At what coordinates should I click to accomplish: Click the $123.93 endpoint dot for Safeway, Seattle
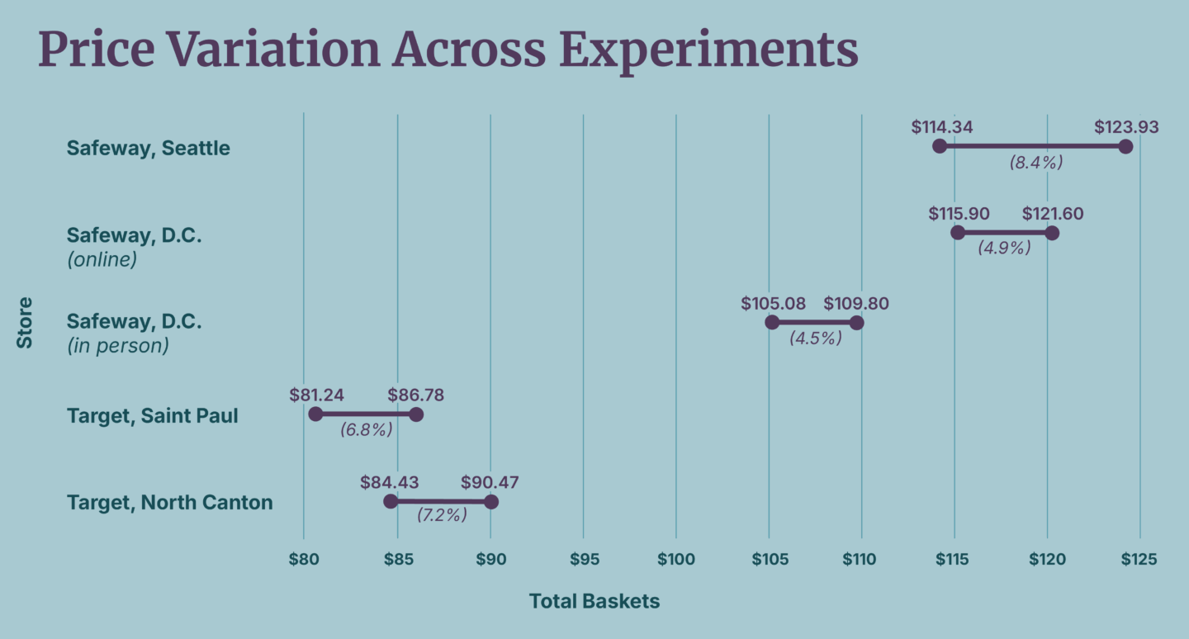click(x=1125, y=146)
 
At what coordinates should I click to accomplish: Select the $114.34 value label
click(x=942, y=127)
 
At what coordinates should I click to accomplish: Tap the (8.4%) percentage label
click(x=1035, y=163)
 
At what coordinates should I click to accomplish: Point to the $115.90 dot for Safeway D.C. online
click(x=958, y=233)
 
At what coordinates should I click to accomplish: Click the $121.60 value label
click(x=1053, y=214)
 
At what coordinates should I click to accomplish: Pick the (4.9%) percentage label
click(x=1004, y=248)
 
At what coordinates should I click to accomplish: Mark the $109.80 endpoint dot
click(x=856, y=322)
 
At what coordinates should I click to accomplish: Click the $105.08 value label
click(x=773, y=303)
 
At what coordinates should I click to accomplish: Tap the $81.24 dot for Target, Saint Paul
click(x=315, y=414)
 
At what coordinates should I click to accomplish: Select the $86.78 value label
click(x=416, y=395)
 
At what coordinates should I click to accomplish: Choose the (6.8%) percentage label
click(x=366, y=429)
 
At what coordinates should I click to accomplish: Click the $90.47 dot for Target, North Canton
click(x=491, y=502)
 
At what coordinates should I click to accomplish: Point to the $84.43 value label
click(x=389, y=482)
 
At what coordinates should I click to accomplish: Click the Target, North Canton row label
click(x=169, y=502)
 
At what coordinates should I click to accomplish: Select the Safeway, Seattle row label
click(x=149, y=149)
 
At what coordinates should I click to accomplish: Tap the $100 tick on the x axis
click(x=675, y=559)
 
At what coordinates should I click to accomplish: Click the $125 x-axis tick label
click(x=1139, y=559)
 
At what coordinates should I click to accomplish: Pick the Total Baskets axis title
click(x=594, y=601)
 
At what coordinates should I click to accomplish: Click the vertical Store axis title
click(x=25, y=322)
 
